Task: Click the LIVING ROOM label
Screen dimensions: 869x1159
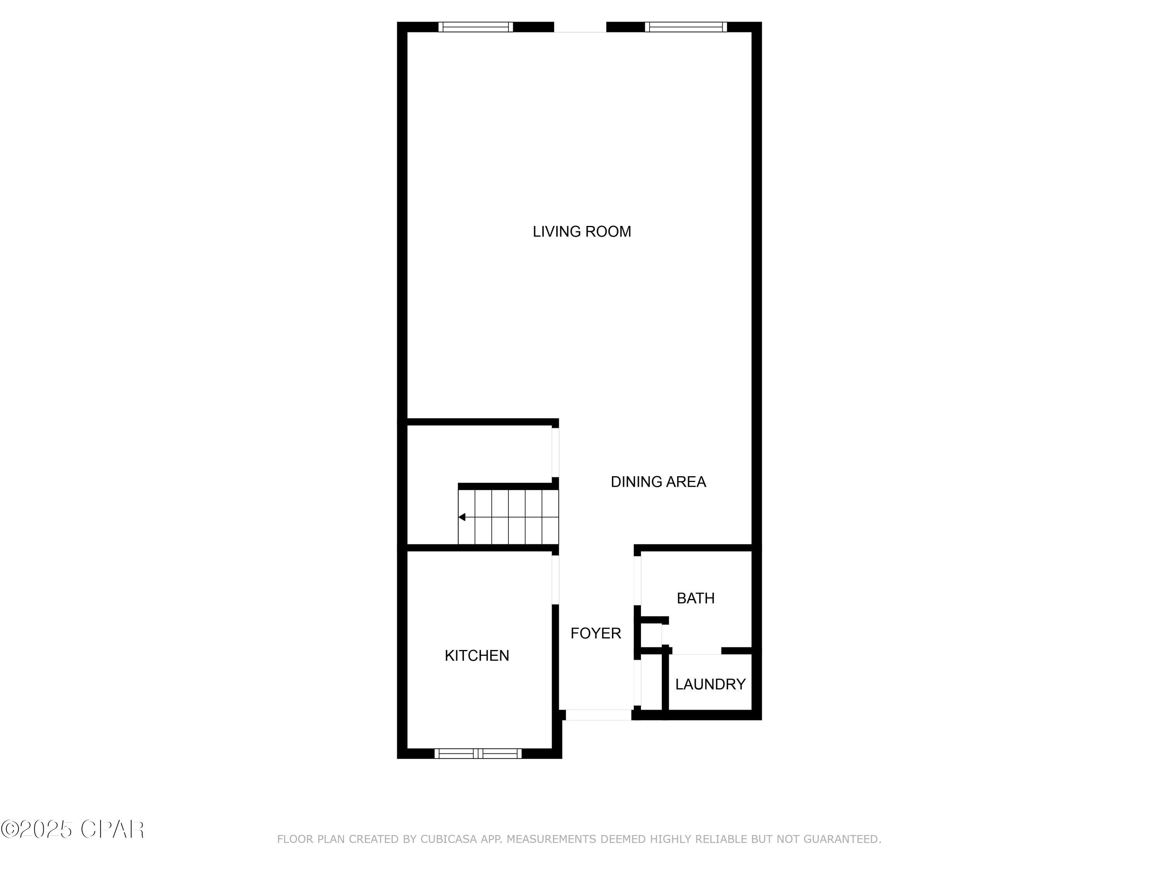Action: click(x=581, y=231)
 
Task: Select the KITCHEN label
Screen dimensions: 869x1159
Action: click(x=477, y=656)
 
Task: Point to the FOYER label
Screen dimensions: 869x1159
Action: click(x=596, y=633)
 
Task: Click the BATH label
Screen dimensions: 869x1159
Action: click(x=695, y=598)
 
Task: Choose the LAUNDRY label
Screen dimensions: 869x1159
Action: click(x=710, y=684)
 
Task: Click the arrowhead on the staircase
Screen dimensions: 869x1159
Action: click(x=462, y=517)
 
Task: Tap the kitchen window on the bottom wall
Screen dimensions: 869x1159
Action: click(x=478, y=753)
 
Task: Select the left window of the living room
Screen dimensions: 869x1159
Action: click(x=476, y=27)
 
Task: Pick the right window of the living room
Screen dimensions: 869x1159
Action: click(x=686, y=27)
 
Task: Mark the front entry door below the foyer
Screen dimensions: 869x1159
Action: click(x=598, y=715)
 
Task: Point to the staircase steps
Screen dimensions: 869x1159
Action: click(x=508, y=517)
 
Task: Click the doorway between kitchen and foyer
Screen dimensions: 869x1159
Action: click(x=556, y=580)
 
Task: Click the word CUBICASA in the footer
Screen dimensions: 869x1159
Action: click(x=449, y=839)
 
